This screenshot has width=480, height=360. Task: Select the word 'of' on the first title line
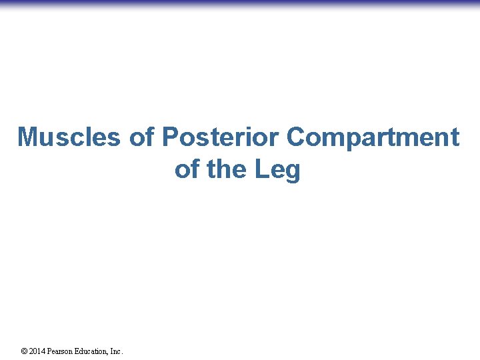click(141, 137)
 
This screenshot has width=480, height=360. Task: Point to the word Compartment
click(373, 137)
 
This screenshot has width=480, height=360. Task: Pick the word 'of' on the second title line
click(187, 170)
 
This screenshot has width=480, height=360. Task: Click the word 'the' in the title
click(227, 170)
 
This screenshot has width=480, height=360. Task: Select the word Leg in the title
click(278, 170)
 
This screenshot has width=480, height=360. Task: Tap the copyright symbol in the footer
click(24, 351)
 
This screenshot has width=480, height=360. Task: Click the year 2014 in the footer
click(37, 351)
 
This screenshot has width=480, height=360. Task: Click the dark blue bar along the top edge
click(240, 3)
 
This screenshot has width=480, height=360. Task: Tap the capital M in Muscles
click(27, 137)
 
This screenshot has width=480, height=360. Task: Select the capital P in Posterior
click(170, 137)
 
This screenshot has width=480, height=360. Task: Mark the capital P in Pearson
click(51, 351)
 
